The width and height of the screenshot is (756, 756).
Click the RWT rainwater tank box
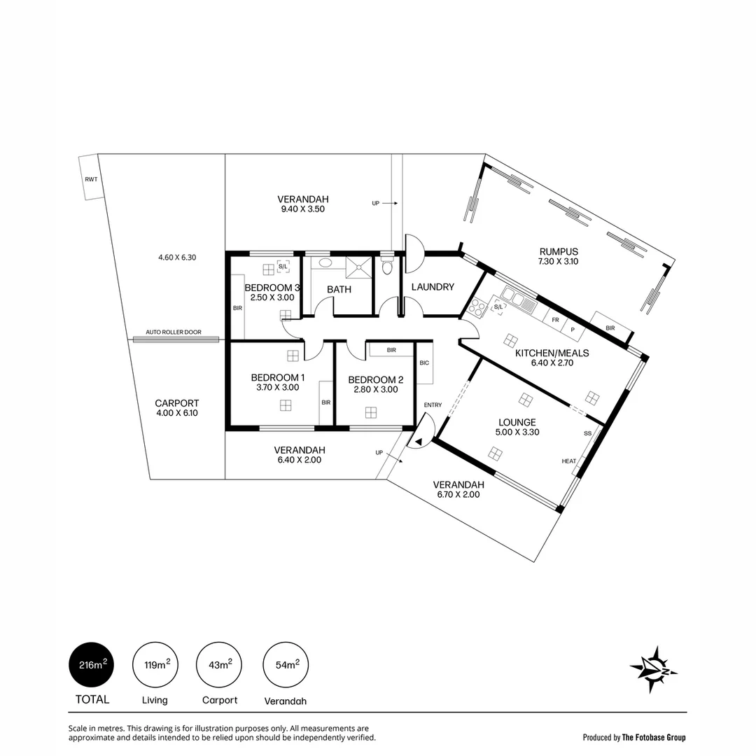91,178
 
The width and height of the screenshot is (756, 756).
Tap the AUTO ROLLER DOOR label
173,332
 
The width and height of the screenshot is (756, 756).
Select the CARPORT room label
177,403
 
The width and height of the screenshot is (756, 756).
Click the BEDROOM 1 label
275,378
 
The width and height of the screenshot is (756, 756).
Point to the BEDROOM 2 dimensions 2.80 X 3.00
376,389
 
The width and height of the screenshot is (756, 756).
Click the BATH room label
339,289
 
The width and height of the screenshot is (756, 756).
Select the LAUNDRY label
433,287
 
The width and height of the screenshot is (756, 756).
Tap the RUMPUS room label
559,252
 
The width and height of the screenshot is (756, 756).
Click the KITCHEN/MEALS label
552,353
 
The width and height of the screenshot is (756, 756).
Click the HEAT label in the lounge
568,461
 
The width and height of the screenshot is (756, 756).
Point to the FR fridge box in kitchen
555,319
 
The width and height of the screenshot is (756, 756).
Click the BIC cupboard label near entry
424,363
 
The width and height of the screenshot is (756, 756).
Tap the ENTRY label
433,405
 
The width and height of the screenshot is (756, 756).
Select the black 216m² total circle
91,665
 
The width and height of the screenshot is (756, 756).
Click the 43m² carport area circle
220,665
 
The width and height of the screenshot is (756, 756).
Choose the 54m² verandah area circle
285,665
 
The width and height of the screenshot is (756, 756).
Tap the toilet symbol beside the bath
387,267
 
